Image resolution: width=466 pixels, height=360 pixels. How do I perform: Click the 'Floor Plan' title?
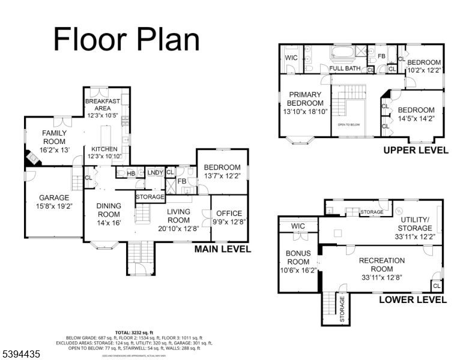(x=126, y=39)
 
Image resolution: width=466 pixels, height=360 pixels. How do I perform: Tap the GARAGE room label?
(x=55, y=197)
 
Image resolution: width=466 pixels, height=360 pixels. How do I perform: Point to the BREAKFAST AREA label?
(x=103, y=105)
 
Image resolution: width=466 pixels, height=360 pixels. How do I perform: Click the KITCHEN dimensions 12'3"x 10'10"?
(x=104, y=156)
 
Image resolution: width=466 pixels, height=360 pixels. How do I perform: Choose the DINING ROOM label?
(x=109, y=211)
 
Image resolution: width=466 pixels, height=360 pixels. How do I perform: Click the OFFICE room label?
(x=229, y=214)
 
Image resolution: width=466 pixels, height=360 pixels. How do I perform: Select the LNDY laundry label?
(x=155, y=173)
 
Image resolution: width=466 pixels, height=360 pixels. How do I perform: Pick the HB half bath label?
(x=132, y=174)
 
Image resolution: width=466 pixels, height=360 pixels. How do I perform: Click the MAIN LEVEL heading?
(x=222, y=250)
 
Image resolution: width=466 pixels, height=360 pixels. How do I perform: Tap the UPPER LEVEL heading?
(x=416, y=151)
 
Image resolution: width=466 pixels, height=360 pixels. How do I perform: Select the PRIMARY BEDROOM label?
(x=305, y=99)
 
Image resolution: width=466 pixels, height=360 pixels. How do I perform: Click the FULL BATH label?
(x=344, y=68)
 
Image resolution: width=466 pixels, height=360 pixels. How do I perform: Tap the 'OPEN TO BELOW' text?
(x=349, y=125)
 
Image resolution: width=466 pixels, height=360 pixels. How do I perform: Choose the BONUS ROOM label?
(x=298, y=258)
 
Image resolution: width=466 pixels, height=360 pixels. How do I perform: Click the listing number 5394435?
(x=21, y=355)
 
